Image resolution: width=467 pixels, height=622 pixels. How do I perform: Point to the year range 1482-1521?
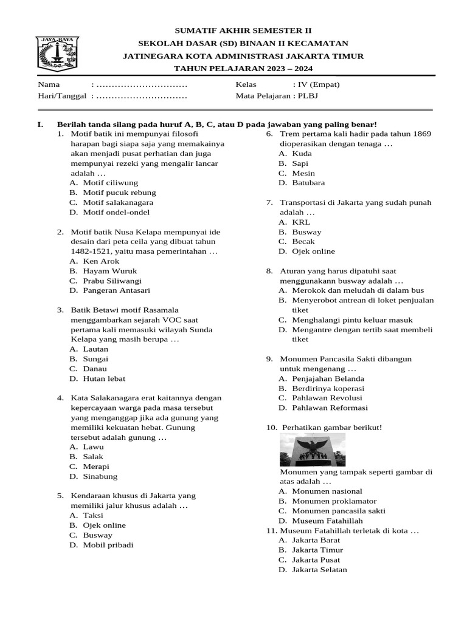(92, 251)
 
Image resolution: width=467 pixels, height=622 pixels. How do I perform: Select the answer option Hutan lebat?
(104, 378)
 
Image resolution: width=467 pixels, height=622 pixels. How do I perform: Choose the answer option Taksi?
(93, 515)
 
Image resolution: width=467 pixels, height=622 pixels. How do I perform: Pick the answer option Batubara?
(308, 183)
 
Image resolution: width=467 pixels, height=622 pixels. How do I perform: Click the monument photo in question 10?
(312, 449)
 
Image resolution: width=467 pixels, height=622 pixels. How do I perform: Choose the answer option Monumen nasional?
(327, 491)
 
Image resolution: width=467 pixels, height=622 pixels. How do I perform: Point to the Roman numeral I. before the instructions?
(41, 124)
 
